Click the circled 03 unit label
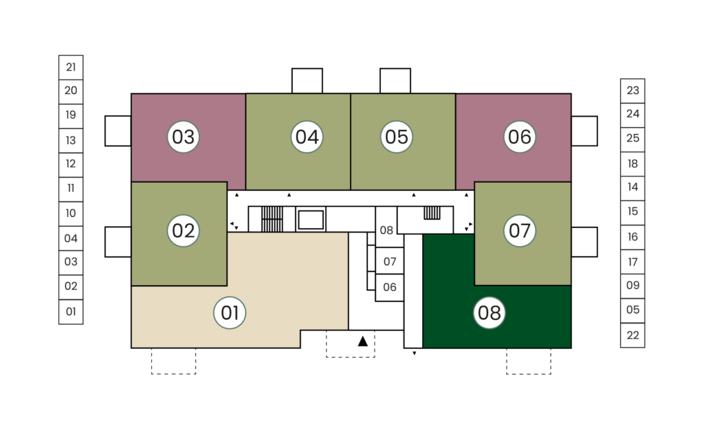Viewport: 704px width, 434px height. [183, 137]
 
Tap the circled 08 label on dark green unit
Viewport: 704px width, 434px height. [489, 312]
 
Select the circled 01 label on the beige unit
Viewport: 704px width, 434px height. [230, 312]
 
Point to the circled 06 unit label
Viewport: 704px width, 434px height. [520, 137]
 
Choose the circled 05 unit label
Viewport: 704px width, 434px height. [397, 137]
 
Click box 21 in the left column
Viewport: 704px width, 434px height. [71, 67]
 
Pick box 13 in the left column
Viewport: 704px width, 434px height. [71, 141]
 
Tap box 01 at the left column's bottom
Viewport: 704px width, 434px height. [71, 312]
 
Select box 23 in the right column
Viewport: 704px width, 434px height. [632, 91]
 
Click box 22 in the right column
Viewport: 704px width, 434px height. [632, 335]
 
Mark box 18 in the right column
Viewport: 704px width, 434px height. [632, 164]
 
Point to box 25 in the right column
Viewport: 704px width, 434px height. [632, 138]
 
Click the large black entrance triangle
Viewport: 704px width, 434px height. [363, 342]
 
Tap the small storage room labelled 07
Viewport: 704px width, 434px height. [389, 261]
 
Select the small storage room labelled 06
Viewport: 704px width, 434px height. [389, 288]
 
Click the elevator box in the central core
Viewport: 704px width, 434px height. [311, 220]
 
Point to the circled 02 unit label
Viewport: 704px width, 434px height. [183, 231]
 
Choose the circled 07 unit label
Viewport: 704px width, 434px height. [520, 231]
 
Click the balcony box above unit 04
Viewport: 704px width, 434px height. [307, 81]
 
